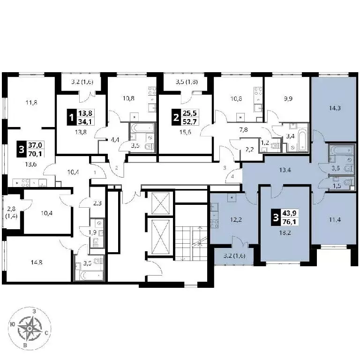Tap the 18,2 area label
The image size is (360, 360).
(285, 232)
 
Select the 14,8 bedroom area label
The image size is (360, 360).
(37, 262)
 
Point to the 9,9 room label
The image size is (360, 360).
(288, 99)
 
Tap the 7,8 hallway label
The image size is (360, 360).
(243, 130)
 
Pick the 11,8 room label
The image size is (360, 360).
(31, 102)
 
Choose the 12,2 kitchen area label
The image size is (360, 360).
(236, 220)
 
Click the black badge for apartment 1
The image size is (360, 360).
(71, 118)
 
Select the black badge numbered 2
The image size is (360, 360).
(176, 118)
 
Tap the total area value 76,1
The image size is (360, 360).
(289, 222)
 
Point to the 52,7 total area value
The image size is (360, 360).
(190, 122)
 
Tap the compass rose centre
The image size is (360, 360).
(30, 329)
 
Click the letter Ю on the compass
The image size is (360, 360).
(13, 324)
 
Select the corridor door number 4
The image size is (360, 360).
(232, 177)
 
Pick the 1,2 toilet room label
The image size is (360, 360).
(265, 143)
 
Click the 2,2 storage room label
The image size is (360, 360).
(249, 150)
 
